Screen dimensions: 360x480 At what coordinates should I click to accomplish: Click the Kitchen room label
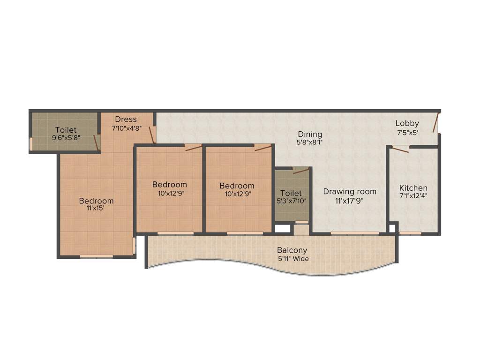[413, 188]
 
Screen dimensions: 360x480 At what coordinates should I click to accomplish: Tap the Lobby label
[407, 123]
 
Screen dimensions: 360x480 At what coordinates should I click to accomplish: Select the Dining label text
[310, 134]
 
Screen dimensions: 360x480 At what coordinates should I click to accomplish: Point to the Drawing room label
[350, 191]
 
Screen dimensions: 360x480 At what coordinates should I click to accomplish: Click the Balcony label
[292, 250]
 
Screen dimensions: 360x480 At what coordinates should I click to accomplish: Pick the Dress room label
[126, 119]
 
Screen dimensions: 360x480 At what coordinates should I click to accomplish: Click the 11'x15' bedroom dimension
[96, 208]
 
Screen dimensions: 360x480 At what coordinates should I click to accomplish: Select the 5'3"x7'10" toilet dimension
[291, 201]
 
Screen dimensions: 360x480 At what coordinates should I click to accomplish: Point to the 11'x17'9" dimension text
[350, 200]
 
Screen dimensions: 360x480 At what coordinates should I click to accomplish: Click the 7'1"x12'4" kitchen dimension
[413, 196]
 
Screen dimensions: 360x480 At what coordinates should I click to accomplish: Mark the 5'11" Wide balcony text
[293, 258]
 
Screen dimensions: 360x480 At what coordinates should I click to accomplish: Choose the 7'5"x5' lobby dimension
[407, 132]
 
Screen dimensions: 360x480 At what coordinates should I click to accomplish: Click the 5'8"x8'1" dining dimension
[310, 142]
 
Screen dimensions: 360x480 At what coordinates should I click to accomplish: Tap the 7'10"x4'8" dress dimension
[127, 127]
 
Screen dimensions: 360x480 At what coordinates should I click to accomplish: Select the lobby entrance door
[436, 122]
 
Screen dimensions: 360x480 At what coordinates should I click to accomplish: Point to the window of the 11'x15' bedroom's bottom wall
[96, 256]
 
